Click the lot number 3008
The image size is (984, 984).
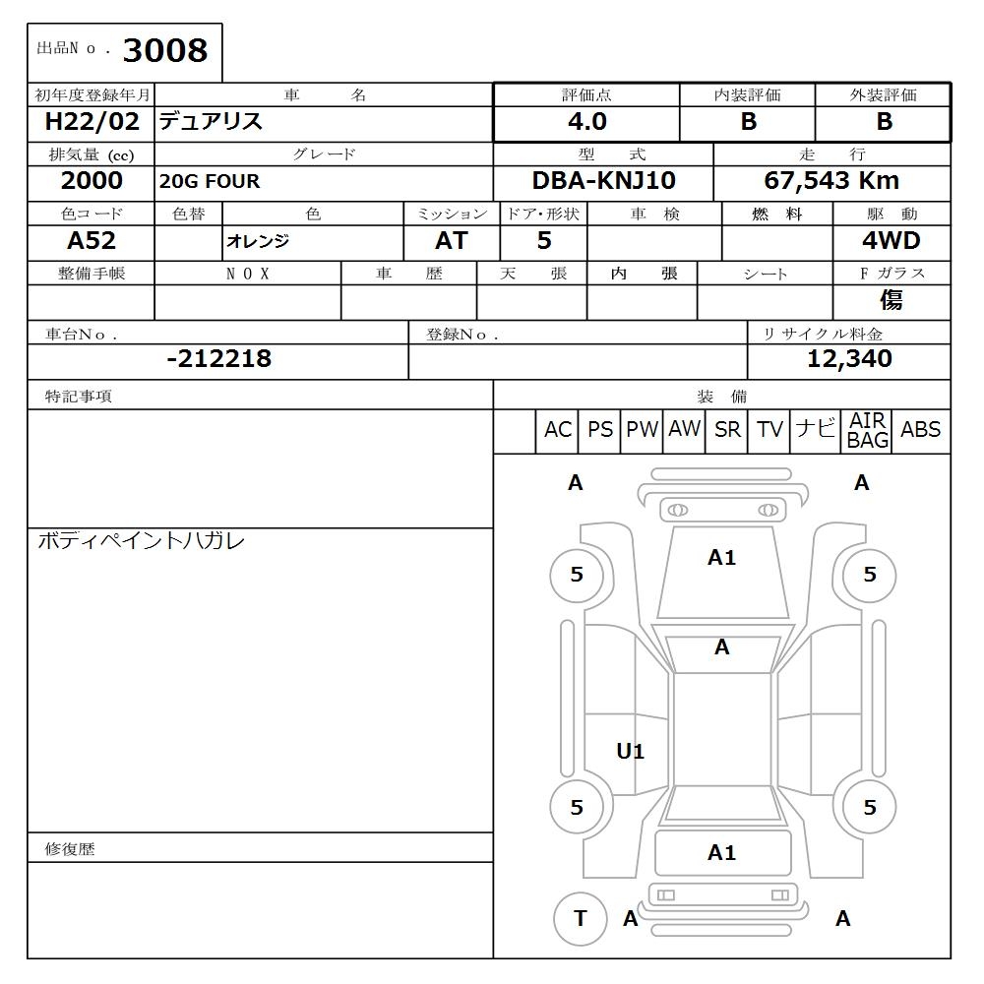(x=164, y=51)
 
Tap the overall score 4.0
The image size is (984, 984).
(x=586, y=122)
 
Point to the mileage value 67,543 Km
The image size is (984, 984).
(x=831, y=181)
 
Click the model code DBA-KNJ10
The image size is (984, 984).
(x=603, y=181)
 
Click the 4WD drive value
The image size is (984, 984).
(x=891, y=241)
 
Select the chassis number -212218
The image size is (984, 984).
(x=218, y=359)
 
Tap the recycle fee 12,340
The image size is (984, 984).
(x=849, y=359)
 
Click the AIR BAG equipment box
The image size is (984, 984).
(x=868, y=431)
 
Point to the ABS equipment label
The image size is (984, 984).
(x=920, y=430)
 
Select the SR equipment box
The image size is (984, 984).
(x=727, y=430)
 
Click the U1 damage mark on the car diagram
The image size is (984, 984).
(x=630, y=752)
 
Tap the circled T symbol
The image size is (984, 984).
(x=580, y=918)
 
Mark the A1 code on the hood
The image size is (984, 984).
(x=721, y=558)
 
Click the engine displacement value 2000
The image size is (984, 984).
(x=92, y=181)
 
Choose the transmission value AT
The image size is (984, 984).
(x=451, y=241)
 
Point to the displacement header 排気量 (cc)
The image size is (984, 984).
(x=91, y=154)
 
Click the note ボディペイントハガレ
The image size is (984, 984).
(x=141, y=541)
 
